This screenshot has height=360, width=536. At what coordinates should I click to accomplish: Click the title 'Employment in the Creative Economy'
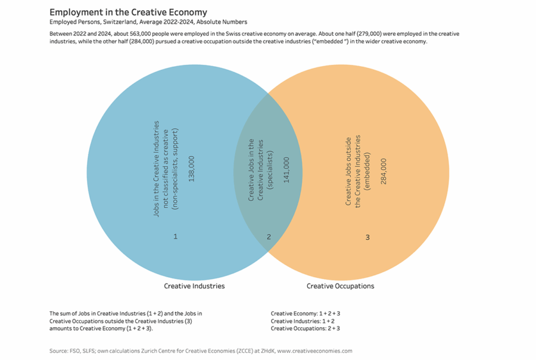(x=128, y=12)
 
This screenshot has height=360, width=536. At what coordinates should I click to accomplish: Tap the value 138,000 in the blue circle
(x=191, y=169)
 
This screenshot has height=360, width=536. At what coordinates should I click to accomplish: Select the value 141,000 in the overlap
(x=286, y=170)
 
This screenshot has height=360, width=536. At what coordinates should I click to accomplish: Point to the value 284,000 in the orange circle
(x=383, y=171)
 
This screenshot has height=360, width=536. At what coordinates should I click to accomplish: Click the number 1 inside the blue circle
(x=176, y=237)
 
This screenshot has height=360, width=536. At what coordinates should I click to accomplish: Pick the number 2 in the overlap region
(x=269, y=237)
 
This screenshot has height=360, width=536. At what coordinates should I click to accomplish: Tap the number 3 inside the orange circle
(x=367, y=237)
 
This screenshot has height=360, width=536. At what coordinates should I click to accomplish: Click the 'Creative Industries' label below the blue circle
(x=194, y=286)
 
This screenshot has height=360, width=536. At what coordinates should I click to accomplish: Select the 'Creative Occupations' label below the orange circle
(x=340, y=286)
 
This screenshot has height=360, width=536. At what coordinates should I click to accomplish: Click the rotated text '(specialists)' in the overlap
(x=269, y=170)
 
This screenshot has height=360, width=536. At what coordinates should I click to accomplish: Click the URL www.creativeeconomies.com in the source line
(x=315, y=351)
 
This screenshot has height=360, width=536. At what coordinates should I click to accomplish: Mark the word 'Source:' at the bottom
(x=60, y=351)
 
